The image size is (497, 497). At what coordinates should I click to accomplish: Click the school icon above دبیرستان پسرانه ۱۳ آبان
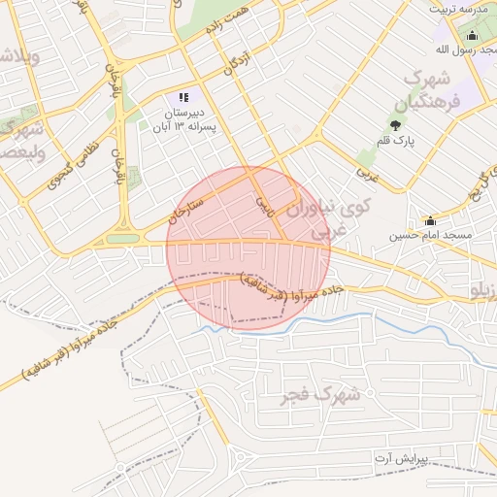click(x=182, y=97)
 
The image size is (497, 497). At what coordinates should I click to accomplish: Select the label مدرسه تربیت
click(x=457, y=8)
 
